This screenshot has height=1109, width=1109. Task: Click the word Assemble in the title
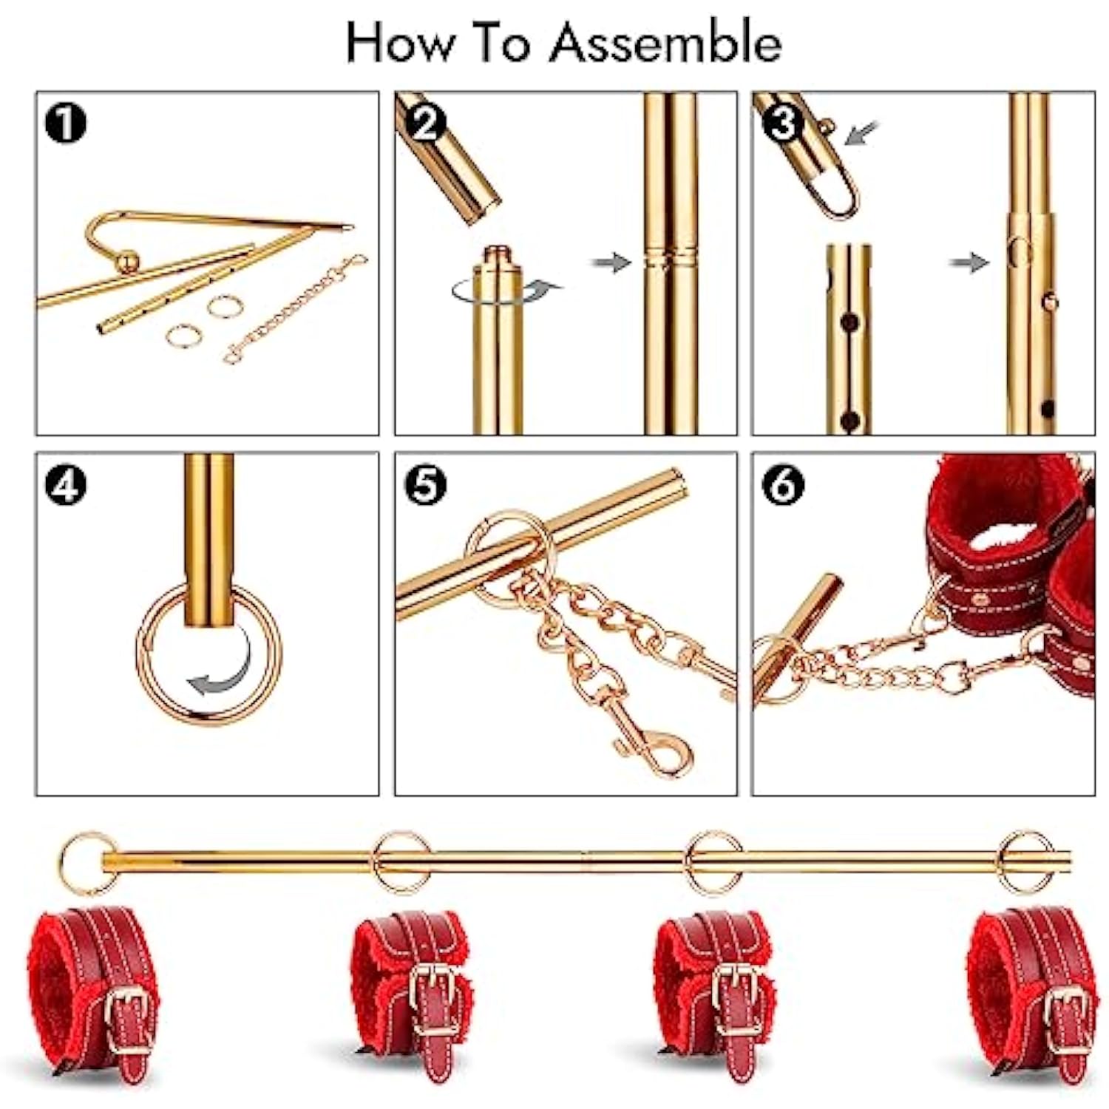[x=665, y=42]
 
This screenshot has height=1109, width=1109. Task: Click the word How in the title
[x=400, y=42]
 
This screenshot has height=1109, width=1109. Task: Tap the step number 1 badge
[x=65, y=123]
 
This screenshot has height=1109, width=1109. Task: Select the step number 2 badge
[x=424, y=123]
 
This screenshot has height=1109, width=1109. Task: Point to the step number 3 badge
[x=782, y=123]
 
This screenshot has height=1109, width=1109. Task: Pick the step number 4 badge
[x=65, y=484]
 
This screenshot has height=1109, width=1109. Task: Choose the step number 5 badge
[x=425, y=484]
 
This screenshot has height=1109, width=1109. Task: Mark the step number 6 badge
[x=782, y=484]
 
